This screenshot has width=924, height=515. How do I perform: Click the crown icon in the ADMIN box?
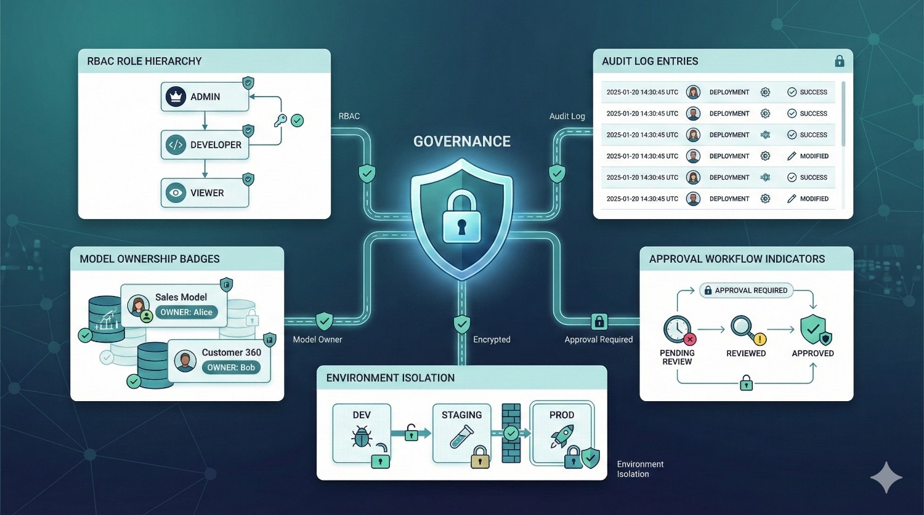click(x=176, y=97)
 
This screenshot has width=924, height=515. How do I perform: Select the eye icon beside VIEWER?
click(x=176, y=193)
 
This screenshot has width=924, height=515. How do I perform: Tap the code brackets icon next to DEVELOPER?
click(x=176, y=145)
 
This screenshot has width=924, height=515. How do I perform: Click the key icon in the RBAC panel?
click(x=280, y=121)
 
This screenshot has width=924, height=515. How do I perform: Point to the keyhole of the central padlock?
click(x=461, y=227)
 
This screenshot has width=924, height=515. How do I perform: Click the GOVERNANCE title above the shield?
click(x=461, y=142)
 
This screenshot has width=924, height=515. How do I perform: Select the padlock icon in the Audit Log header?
click(x=839, y=61)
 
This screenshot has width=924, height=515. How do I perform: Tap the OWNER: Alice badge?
click(x=186, y=312)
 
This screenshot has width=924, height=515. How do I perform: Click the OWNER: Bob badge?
click(x=231, y=367)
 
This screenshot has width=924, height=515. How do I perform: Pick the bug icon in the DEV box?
click(x=361, y=438)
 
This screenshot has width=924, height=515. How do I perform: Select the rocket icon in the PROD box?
click(x=561, y=436)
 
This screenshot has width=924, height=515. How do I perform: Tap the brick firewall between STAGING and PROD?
click(x=511, y=433)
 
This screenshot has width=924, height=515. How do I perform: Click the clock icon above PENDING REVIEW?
click(x=676, y=329)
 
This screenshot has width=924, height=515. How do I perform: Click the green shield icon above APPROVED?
click(x=813, y=329)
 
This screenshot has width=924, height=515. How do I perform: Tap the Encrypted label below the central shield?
click(x=492, y=339)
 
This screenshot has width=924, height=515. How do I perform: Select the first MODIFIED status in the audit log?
click(x=814, y=156)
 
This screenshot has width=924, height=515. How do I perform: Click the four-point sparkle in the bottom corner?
click(x=886, y=477)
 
